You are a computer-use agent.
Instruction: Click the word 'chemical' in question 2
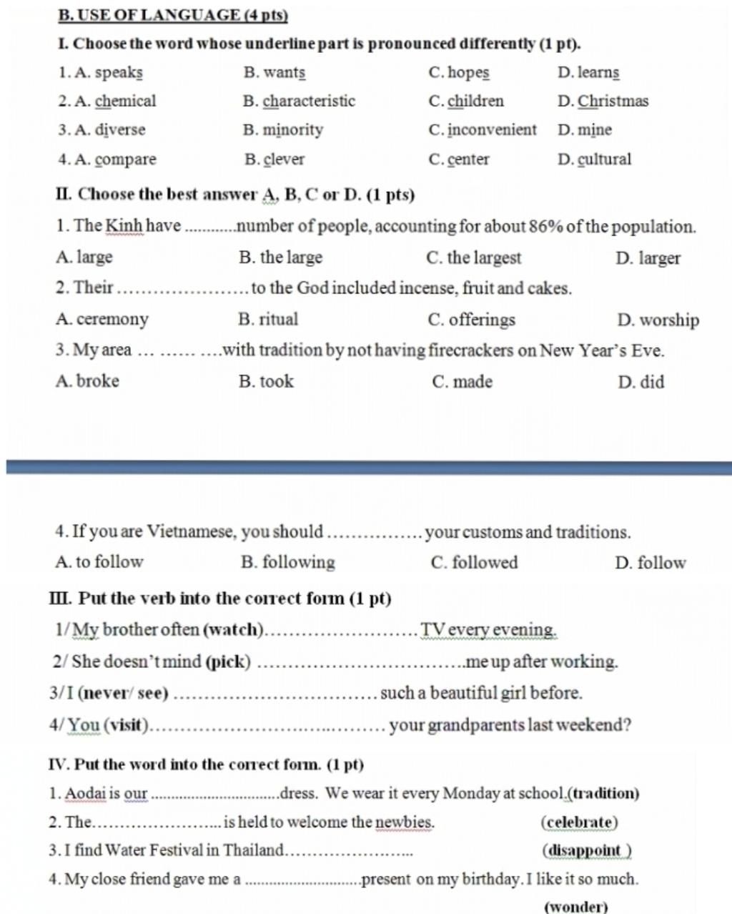(125, 101)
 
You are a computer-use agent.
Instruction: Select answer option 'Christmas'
(613, 101)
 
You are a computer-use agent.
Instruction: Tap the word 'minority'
(292, 130)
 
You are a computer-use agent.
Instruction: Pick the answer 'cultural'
(604, 159)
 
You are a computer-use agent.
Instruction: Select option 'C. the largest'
(473, 257)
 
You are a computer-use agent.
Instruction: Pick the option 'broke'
(97, 381)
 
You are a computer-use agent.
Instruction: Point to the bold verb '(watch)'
(234, 630)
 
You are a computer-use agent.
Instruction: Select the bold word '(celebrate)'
(579, 822)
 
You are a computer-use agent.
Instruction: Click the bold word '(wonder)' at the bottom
(575, 907)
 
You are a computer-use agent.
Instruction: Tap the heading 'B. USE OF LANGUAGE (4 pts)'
(173, 14)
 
